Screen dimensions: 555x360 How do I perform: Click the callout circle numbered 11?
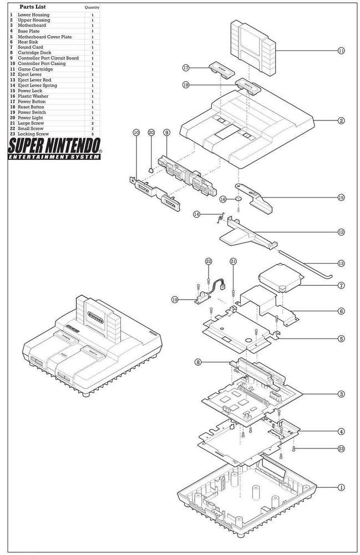pyautogui.click(x=341, y=51)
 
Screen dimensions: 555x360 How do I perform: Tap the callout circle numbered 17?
pyautogui.click(x=186, y=68)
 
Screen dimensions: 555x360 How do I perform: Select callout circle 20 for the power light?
pyautogui.click(x=151, y=133)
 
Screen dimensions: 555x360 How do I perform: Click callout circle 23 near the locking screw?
pyautogui.click(x=341, y=448)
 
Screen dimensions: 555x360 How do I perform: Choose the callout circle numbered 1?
pyautogui.click(x=341, y=487)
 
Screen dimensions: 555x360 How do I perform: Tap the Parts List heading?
pyautogui.click(x=33, y=7)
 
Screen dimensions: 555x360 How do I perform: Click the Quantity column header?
pyautogui.click(x=92, y=8)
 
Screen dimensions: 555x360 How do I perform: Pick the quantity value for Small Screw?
pyautogui.click(x=92, y=129)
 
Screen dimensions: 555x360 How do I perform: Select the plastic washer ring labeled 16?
pyautogui.click(x=238, y=199)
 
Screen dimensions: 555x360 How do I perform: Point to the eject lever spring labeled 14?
pyautogui.click(x=219, y=218)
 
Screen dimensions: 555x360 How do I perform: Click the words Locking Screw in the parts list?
pyautogui.click(x=33, y=134)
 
